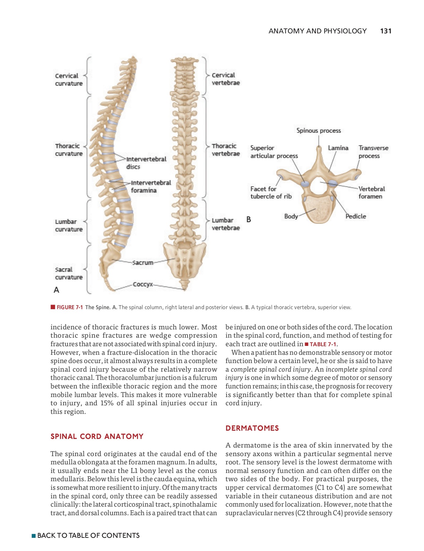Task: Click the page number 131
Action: (385, 31)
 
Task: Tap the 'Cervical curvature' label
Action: (69, 80)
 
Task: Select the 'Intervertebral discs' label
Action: (146, 163)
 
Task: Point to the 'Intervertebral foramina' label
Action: (151, 186)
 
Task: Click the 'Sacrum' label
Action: (143, 263)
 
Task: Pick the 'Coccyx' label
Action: (143, 284)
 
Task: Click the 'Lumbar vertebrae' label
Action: (225, 224)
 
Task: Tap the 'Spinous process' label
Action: (318, 131)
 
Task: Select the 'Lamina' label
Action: (338, 148)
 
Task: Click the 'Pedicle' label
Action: (355, 216)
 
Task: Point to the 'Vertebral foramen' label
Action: (371, 193)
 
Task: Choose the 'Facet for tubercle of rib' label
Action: (271, 193)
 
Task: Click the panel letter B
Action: (249, 219)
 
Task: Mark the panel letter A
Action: (56, 290)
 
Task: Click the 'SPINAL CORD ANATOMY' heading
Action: (97, 437)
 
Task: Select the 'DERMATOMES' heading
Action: (252, 428)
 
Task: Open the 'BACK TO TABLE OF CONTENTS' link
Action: (88, 535)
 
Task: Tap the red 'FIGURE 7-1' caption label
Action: (70, 307)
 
